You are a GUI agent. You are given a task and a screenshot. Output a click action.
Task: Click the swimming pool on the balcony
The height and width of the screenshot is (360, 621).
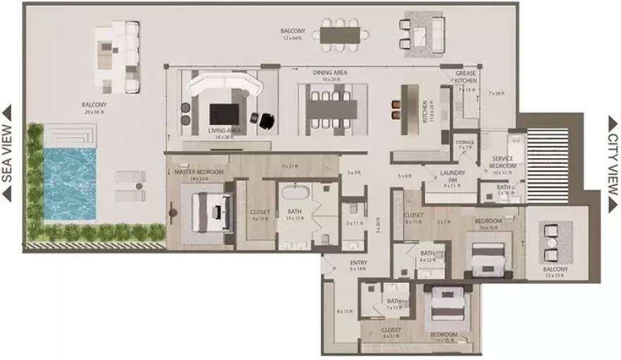(69, 184)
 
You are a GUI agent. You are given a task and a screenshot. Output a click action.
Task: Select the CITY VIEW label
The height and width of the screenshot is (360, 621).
(613, 164)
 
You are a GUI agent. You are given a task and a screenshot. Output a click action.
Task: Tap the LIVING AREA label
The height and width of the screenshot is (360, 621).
(225, 131)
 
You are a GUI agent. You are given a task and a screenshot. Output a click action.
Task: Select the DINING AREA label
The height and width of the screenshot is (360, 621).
(330, 73)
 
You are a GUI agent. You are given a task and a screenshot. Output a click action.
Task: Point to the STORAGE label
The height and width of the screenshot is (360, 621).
(465, 143)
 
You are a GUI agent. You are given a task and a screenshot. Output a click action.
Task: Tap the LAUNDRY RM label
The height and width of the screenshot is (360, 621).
(451, 176)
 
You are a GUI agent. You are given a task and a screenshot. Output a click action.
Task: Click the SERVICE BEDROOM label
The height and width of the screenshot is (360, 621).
(503, 162)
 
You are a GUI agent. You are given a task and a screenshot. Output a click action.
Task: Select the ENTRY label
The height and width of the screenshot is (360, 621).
(358, 263)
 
